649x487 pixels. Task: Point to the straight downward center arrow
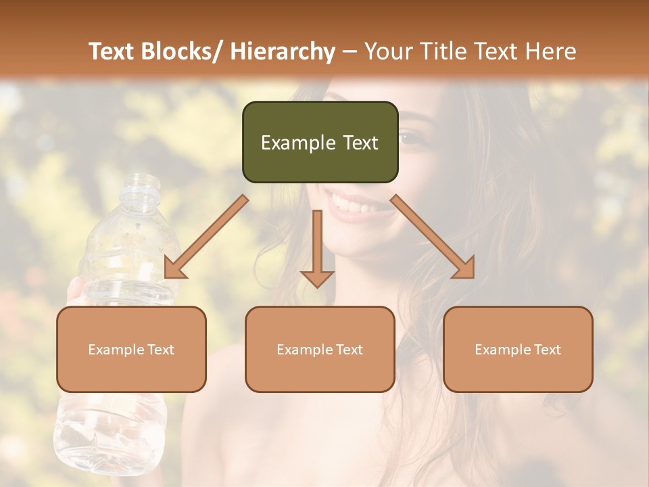[x=317, y=250]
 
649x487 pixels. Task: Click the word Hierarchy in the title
[x=283, y=51]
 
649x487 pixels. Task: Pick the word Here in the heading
[x=551, y=51]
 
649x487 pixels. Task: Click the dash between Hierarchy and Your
[x=349, y=51]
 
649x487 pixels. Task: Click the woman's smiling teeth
[x=352, y=203]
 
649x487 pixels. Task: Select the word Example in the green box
[x=298, y=143]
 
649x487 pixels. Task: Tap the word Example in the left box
[x=116, y=350]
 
